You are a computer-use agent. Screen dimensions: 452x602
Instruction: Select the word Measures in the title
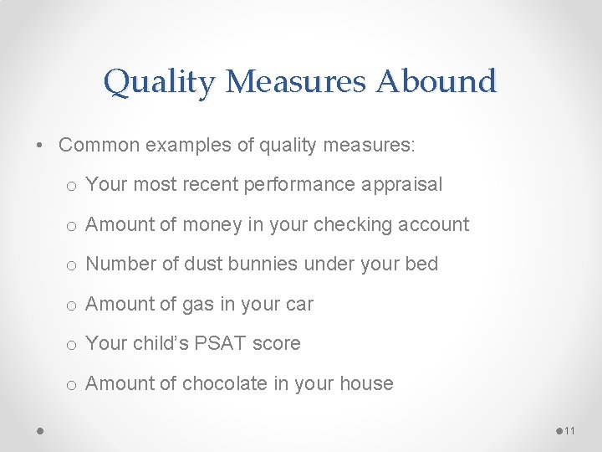(296, 82)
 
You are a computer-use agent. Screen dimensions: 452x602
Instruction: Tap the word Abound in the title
(436, 82)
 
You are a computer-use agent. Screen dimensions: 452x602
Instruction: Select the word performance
(300, 185)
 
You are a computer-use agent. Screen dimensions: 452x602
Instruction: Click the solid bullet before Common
(41, 146)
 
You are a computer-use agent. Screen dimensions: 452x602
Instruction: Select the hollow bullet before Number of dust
(74, 265)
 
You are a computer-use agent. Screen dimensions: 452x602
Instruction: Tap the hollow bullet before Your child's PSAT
(74, 345)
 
